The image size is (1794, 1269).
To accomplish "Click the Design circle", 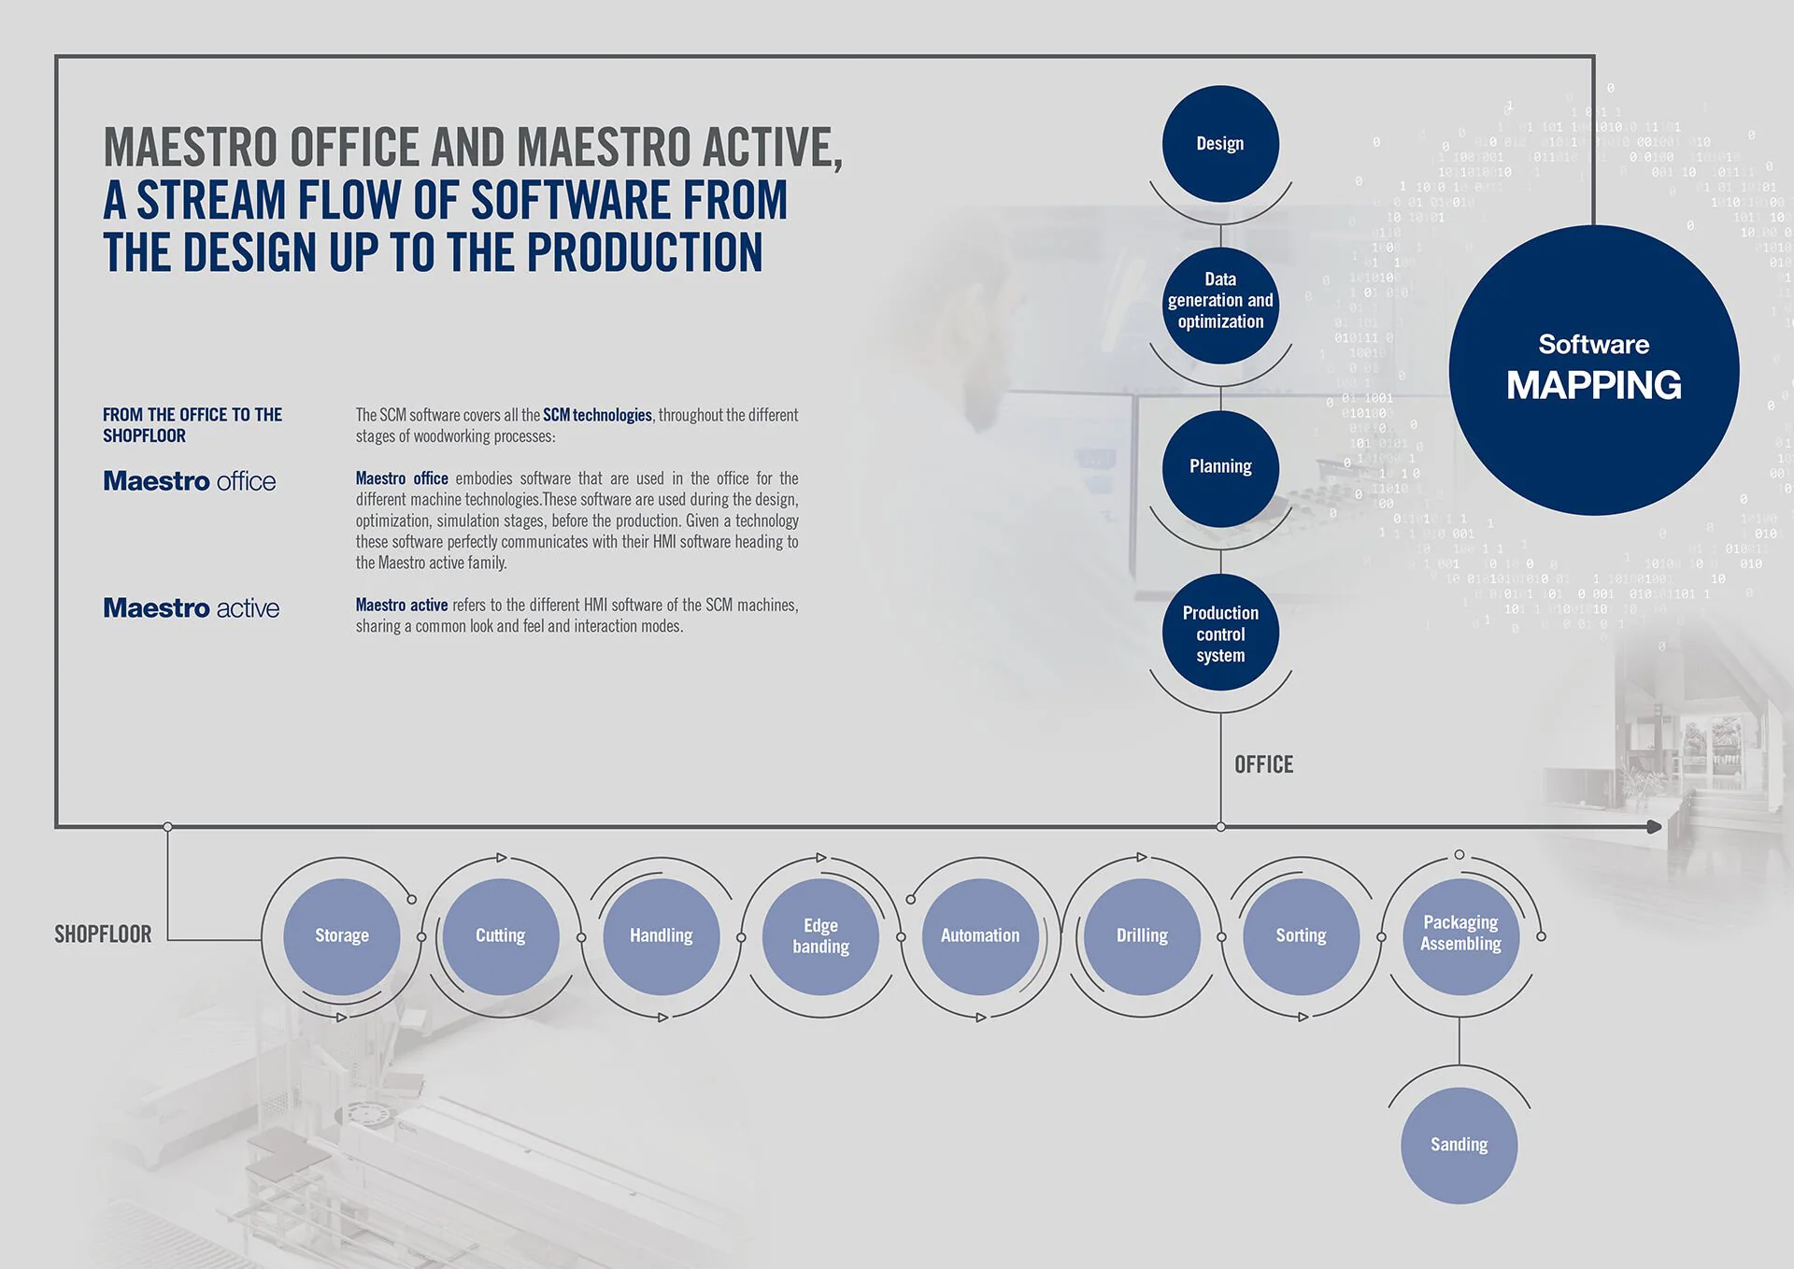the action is (x=1220, y=144).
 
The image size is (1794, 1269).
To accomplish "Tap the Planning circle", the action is (x=1220, y=468).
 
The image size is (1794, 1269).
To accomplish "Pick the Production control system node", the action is (x=1220, y=633).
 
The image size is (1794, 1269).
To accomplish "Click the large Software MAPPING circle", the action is (x=1594, y=370).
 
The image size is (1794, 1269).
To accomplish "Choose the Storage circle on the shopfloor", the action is (x=342, y=936).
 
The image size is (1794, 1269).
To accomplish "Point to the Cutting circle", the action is (x=501, y=936).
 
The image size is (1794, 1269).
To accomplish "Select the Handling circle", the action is (x=662, y=936).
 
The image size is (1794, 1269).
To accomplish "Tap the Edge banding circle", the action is (x=821, y=936).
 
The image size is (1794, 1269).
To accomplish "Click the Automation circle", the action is (x=980, y=936).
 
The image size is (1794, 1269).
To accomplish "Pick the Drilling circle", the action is (x=1142, y=936).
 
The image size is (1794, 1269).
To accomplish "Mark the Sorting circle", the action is (x=1301, y=936).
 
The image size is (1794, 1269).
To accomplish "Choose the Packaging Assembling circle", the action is (x=1460, y=936).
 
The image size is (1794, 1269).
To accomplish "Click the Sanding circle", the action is (x=1459, y=1146).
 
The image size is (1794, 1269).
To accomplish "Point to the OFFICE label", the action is (x=1264, y=764).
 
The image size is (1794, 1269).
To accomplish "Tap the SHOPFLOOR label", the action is (x=103, y=934).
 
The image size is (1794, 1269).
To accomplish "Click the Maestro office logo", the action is (x=190, y=481).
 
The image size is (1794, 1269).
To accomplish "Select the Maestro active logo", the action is (x=192, y=608).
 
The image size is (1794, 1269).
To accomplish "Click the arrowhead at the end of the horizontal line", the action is (x=1655, y=827).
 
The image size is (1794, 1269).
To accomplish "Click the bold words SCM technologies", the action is (x=598, y=415).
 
